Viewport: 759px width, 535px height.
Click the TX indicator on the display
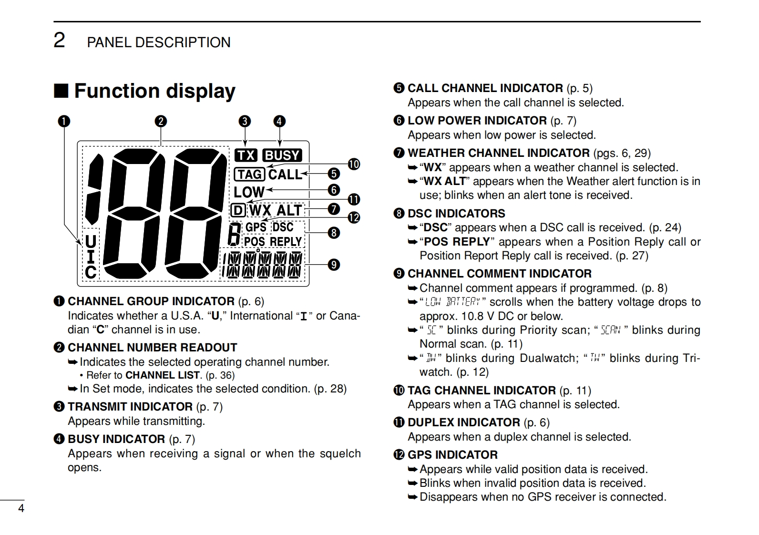[x=246, y=155]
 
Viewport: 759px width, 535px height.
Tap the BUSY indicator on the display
[x=282, y=155]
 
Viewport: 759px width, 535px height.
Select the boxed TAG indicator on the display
[x=249, y=175]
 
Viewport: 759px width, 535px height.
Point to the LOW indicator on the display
[x=249, y=192]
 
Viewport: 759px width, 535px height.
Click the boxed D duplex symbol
[x=238, y=210]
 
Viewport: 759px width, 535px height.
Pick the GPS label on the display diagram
[x=256, y=227]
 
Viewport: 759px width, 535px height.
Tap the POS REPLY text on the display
[x=273, y=242]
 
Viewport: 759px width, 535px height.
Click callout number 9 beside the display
[x=334, y=264]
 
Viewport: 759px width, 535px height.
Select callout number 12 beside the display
[x=354, y=218]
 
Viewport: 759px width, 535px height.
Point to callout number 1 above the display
[x=64, y=121]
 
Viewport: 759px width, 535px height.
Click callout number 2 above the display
[x=161, y=121]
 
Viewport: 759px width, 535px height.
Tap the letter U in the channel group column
[x=91, y=242]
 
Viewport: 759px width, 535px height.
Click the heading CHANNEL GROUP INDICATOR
[x=151, y=301]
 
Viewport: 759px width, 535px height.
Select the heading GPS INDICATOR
[x=452, y=455]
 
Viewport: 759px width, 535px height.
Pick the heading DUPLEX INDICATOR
[x=463, y=422]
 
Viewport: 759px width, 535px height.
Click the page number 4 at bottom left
[x=21, y=508]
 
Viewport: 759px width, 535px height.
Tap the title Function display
[x=154, y=91]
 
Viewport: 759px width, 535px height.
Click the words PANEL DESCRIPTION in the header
[x=158, y=42]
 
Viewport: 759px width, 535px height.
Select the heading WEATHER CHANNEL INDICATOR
[x=498, y=153]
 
